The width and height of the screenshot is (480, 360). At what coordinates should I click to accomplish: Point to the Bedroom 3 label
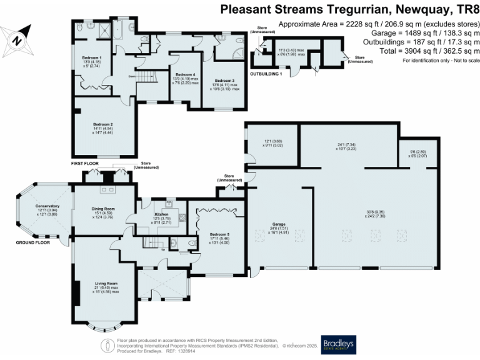pos(224,81)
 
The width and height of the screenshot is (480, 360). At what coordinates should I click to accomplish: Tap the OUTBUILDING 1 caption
pos(266,74)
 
